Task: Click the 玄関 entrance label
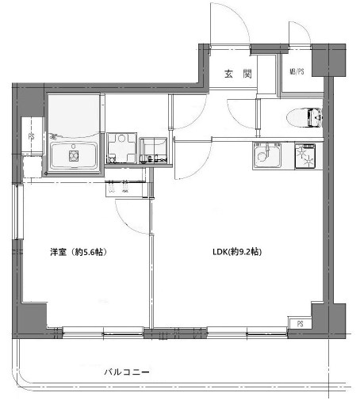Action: tap(237, 74)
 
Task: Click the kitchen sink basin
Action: tap(264, 158)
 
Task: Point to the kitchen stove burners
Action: tap(305, 157)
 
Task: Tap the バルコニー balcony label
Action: tap(127, 372)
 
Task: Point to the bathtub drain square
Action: tap(74, 156)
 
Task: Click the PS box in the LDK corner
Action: tap(301, 323)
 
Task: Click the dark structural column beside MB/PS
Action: tap(323, 60)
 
